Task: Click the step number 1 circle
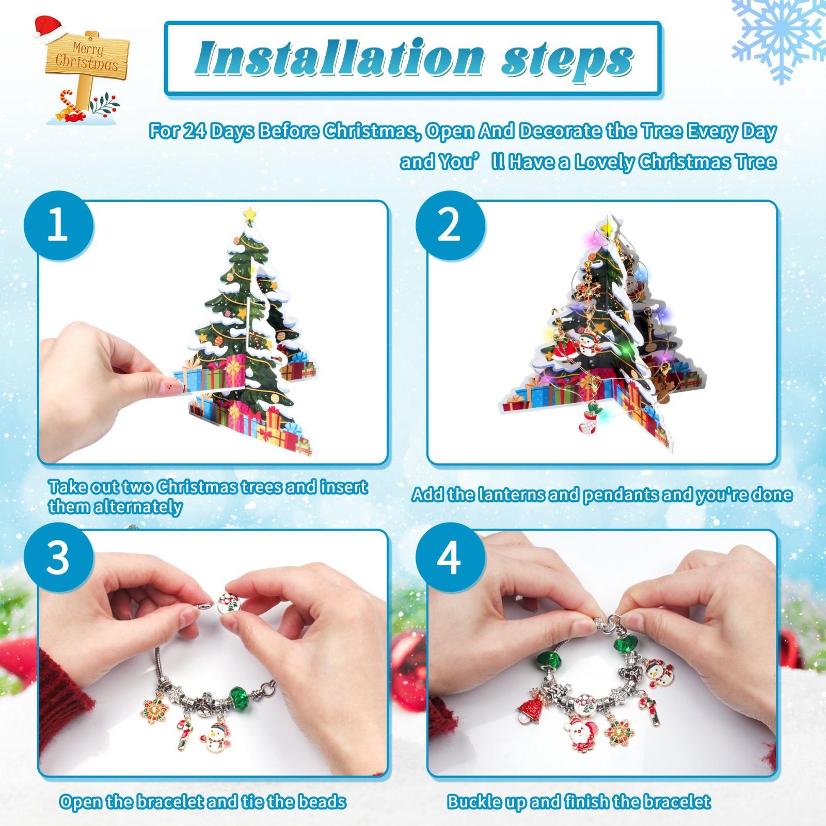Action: point(58,226)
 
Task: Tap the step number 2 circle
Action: point(450,226)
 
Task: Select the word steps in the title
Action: point(567,59)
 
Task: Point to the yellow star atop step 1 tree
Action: point(251,212)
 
